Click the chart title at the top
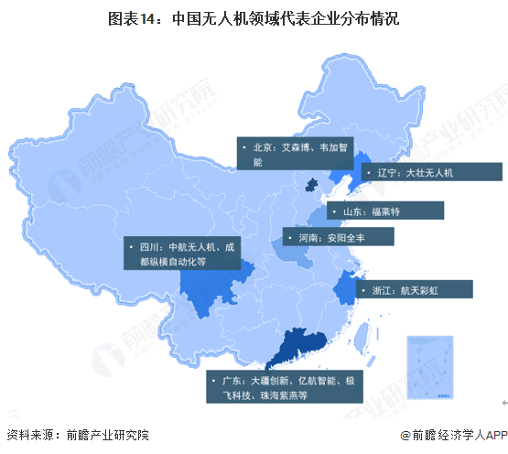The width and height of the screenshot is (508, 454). click(x=254, y=17)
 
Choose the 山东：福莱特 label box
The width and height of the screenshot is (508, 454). click(x=385, y=211)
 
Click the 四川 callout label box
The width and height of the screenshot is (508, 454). click(x=180, y=254)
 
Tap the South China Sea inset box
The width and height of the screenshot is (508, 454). click(x=430, y=366)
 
